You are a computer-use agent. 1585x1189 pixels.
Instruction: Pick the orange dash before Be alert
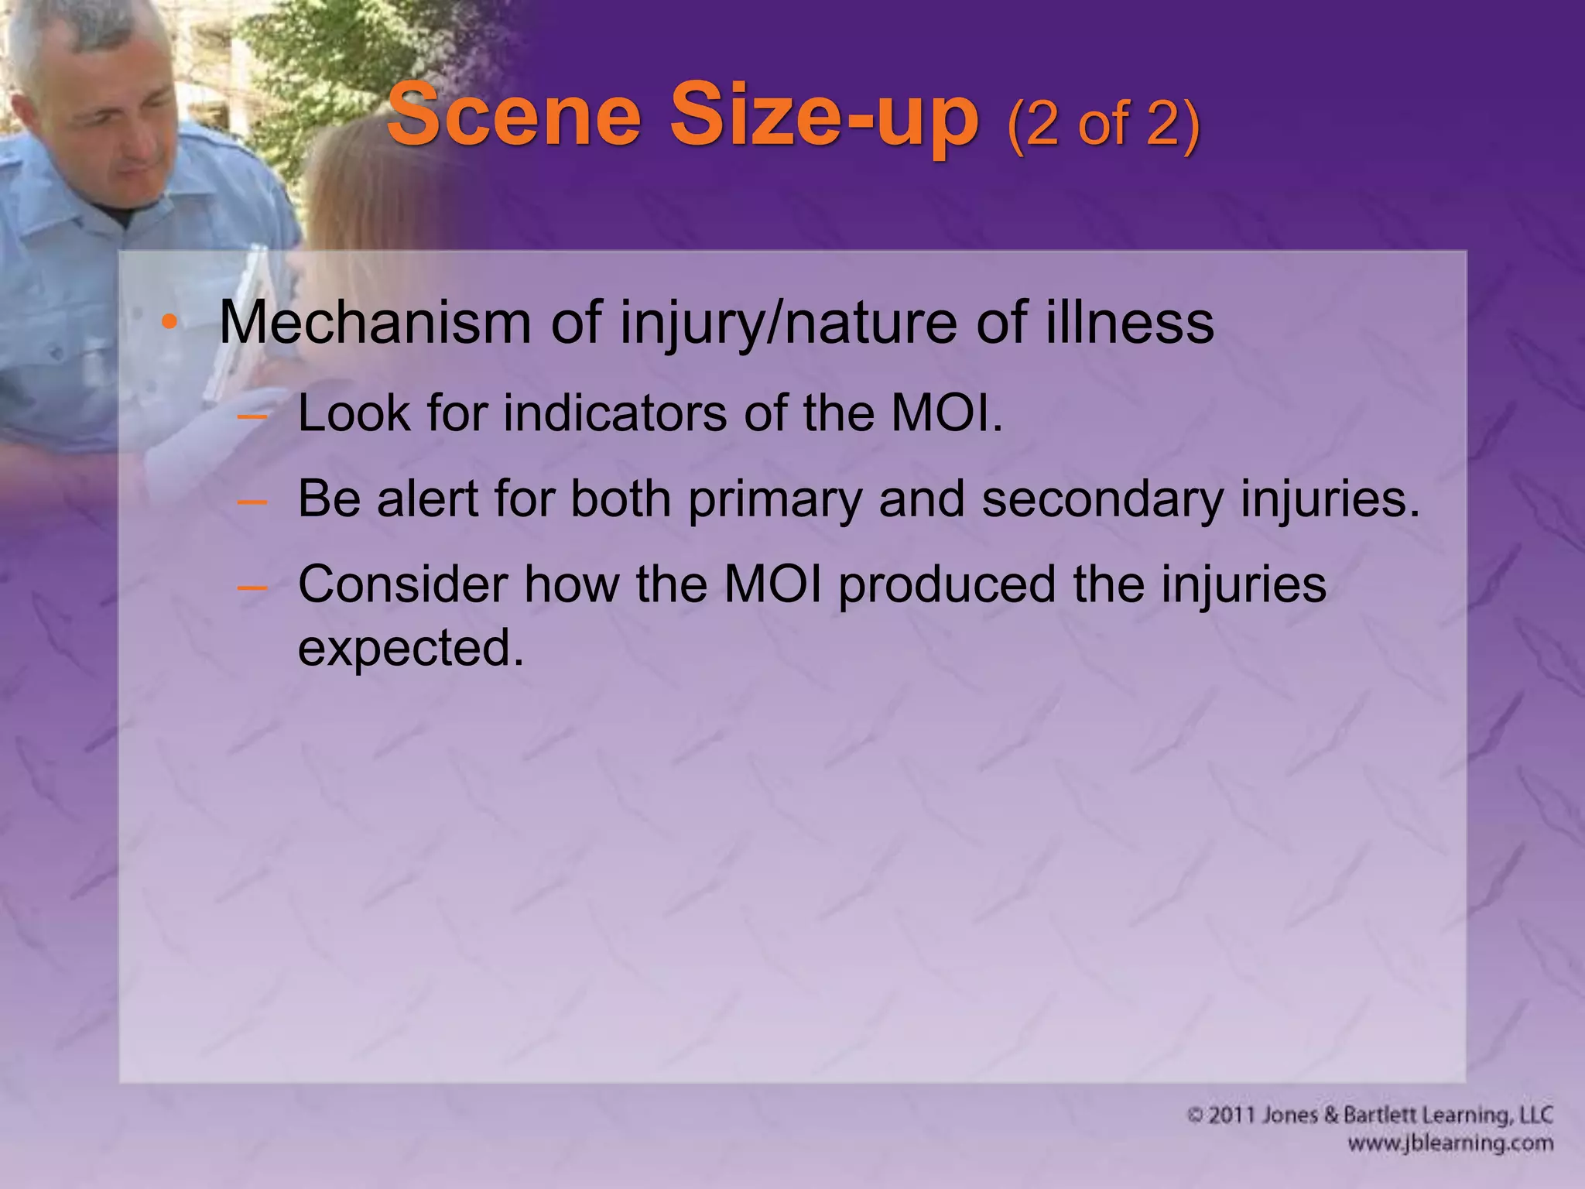point(252,501)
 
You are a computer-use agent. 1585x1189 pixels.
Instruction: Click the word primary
point(774,499)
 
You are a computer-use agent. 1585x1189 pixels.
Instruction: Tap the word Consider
point(402,584)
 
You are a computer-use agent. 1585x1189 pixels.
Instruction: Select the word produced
point(947,584)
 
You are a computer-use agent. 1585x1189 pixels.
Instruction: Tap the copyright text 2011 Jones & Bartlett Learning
point(1370,1115)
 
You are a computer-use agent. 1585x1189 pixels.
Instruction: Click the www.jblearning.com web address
point(1450,1143)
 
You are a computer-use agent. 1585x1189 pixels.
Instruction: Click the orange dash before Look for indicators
point(252,416)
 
